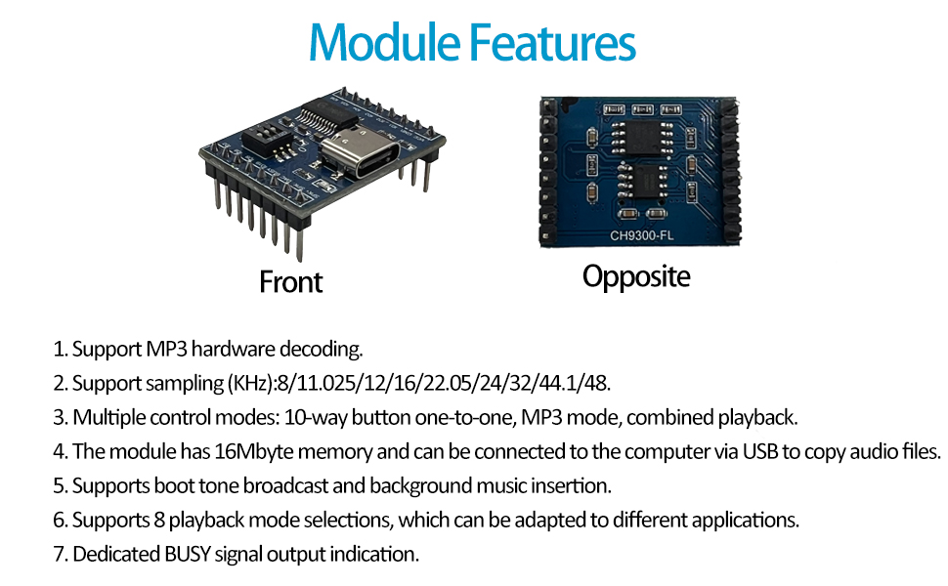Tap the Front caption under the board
tap(290, 282)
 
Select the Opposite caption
tap(636, 276)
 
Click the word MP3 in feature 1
tap(159, 349)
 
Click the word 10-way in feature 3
tap(311, 417)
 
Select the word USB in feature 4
tap(761, 451)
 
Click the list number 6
tap(60, 520)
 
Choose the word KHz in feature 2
tap(252, 383)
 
